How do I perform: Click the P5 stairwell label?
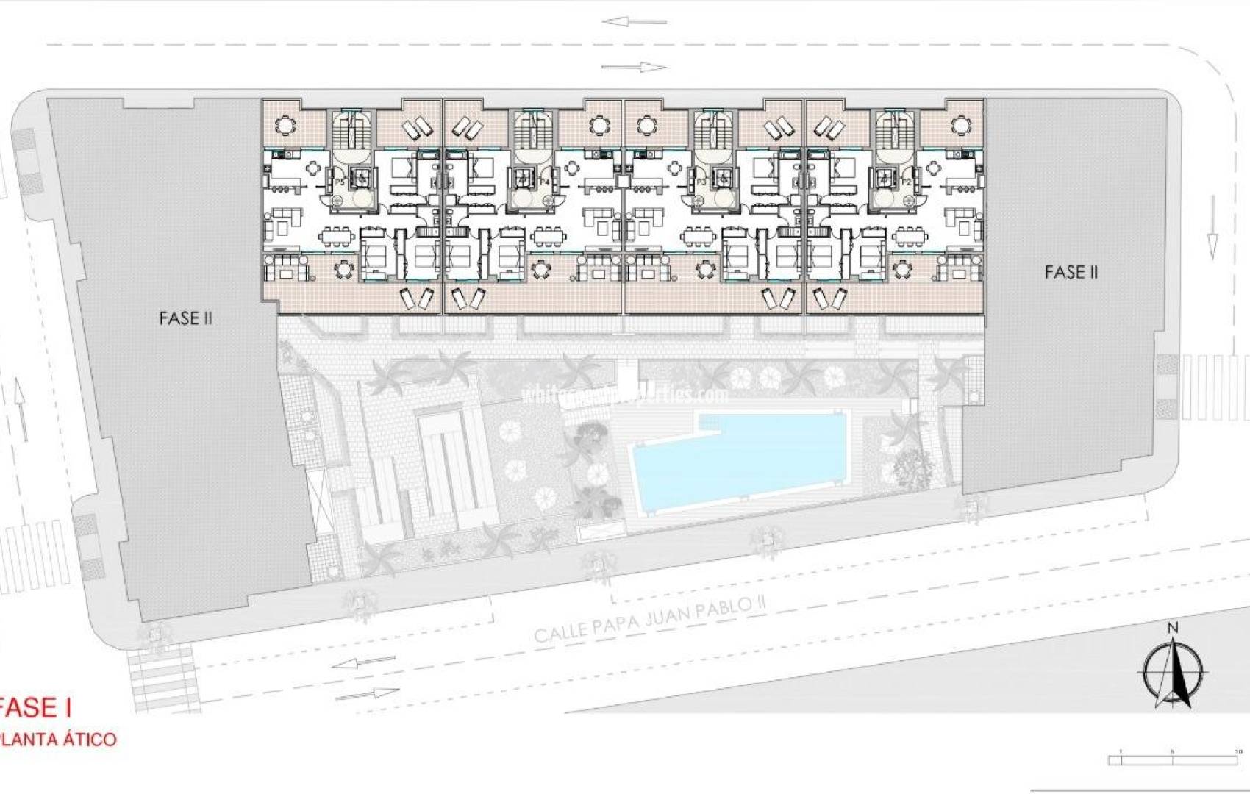[x=340, y=182]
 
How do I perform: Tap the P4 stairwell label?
[x=545, y=182]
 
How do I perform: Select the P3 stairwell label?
[x=701, y=182]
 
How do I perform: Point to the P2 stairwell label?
[x=906, y=182]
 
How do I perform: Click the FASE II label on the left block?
[x=185, y=318]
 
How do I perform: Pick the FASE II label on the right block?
[x=1071, y=273]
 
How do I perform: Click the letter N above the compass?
[x=1173, y=627]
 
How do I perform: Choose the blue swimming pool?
[x=735, y=459]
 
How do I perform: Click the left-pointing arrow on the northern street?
[x=634, y=21]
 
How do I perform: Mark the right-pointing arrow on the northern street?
[x=634, y=68]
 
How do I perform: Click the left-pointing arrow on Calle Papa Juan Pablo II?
[x=363, y=663]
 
